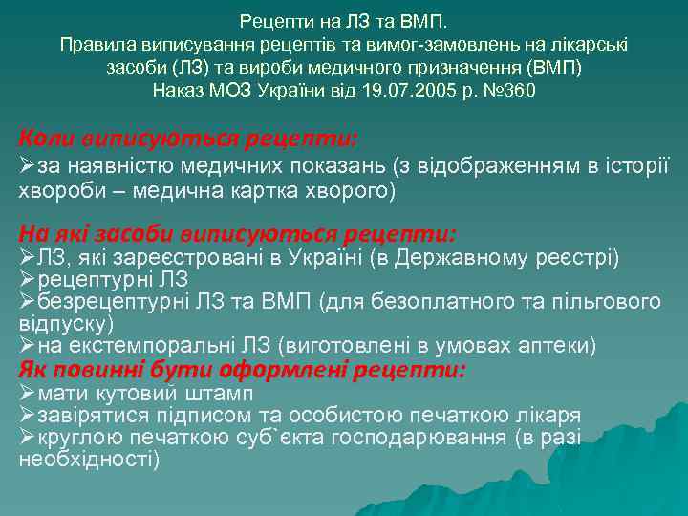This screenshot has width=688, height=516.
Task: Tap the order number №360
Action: (x=507, y=91)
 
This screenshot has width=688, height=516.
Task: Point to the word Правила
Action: (x=94, y=44)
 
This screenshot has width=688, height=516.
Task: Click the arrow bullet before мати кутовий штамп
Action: (x=27, y=393)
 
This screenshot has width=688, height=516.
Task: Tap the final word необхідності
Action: (x=89, y=459)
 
